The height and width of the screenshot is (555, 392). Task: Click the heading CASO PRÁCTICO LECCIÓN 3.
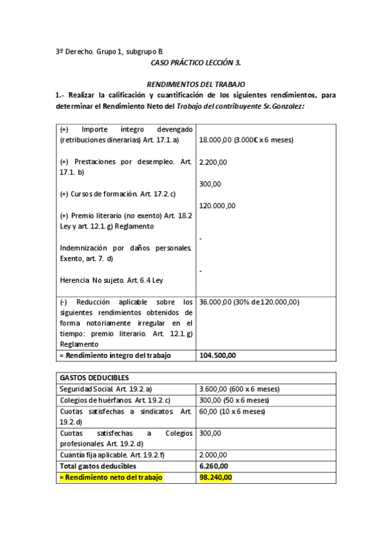(x=196, y=62)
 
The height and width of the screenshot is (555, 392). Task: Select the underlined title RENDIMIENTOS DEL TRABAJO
(x=196, y=84)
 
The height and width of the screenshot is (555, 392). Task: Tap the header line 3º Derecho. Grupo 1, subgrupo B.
(x=109, y=51)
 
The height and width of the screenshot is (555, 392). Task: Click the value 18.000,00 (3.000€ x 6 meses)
(x=245, y=140)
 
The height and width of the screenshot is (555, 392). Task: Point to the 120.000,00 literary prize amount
(x=217, y=206)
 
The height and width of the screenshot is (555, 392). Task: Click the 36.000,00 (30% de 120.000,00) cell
(x=249, y=302)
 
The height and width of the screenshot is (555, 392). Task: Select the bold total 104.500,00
(x=217, y=355)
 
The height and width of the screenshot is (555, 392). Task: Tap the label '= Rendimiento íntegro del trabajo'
(x=115, y=355)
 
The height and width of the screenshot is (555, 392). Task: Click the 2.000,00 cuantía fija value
(x=213, y=455)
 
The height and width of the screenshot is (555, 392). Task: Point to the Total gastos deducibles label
(x=98, y=466)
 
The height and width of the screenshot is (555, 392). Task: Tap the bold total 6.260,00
(x=213, y=466)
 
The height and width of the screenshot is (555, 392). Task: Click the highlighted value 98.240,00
(x=215, y=477)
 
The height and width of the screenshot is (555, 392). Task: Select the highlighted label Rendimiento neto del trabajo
(x=111, y=477)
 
